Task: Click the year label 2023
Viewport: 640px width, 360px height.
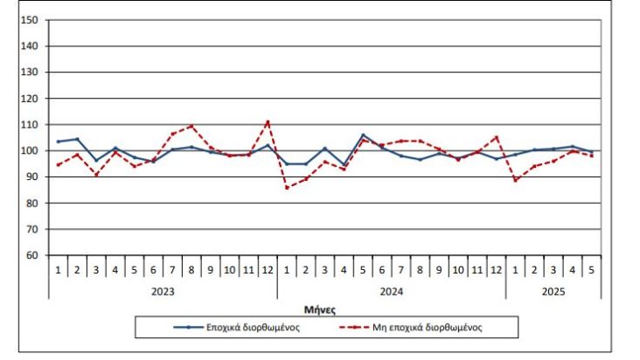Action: pyautogui.click(x=163, y=289)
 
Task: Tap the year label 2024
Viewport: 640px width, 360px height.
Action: pyautogui.click(x=391, y=289)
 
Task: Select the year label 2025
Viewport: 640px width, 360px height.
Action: pyautogui.click(x=553, y=289)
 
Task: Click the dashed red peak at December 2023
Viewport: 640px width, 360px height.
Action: pyautogui.click(x=268, y=121)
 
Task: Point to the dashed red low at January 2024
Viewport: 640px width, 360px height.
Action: pyautogui.click(x=287, y=188)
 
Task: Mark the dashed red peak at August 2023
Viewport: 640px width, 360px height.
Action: pyautogui.click(x=191, y=126)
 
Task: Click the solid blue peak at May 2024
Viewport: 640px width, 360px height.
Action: pyautogui.click(x=363, y=135)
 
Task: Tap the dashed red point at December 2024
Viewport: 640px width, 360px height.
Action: pyautogui.click(x=496, y=136)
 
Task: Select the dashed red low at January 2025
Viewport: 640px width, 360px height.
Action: pyautogui.click(x=515, y=180)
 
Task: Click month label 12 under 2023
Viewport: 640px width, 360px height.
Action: pyautogui.click(x=268, y=270)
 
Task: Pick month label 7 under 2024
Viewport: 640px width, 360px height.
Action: pyautogui.click(x=400, y=270)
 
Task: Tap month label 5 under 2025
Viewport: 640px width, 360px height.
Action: pyautogui.click(x=591, y=270)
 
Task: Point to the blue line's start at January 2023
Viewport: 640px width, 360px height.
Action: pyautogui.click(x=59, y=142)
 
